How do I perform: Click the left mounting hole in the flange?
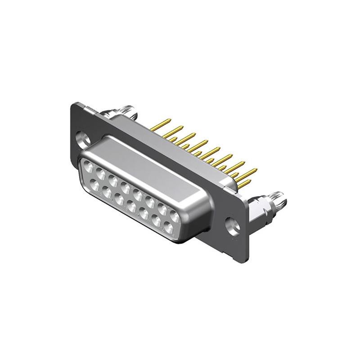pyautogui.click(x=82, y=137)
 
